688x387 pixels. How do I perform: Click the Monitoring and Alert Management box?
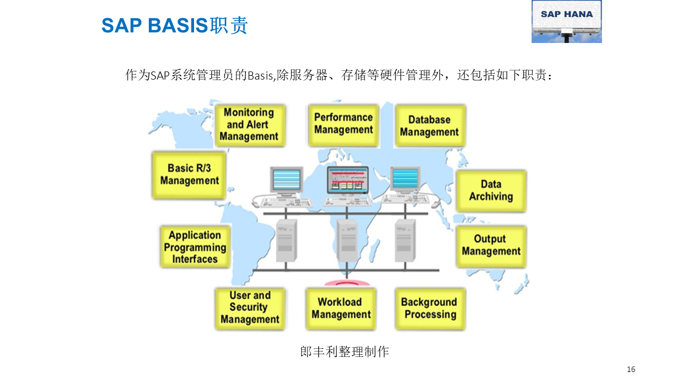(x=249, y=125)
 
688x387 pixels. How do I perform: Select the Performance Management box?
(x=343, y=124)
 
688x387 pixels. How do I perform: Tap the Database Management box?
(x=429, y=126)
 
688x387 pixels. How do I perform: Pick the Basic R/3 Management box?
(x=189, y=175)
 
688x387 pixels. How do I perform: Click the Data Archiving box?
(x=491, y=191)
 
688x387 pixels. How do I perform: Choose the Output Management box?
(x=491, y=246)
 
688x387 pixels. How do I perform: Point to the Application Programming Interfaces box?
(x=195, y=247)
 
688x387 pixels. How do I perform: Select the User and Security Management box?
(x=250, y=308)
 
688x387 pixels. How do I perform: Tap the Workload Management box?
(x=341, y=309)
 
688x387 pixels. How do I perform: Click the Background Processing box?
(x=430, y=309)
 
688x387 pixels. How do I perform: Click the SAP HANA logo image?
(x=567, y=21)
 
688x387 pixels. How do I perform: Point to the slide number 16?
(x=631, y=369)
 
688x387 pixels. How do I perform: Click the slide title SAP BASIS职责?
(x=175, y=25)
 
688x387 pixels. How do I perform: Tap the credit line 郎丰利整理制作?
(x=344, y=352)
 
